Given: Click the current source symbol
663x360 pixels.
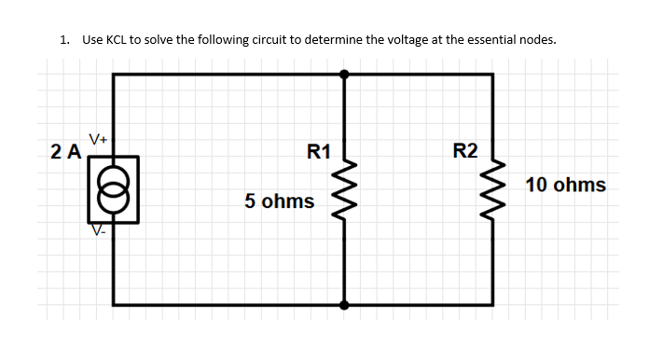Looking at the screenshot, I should point(114,190).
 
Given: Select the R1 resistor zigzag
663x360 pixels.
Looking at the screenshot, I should point(345,184).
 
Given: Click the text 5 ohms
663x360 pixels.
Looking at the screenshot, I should point(279,201).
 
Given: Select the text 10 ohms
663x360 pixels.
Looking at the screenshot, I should point(565,185).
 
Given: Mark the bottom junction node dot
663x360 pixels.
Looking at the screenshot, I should point(345,304).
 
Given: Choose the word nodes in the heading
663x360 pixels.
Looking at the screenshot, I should point(533,40).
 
